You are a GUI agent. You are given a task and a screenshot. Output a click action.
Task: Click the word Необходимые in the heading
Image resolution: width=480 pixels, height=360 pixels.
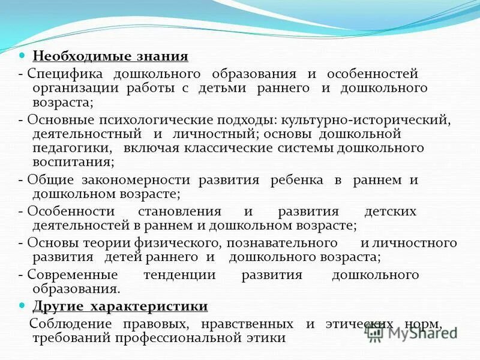click(73, 57)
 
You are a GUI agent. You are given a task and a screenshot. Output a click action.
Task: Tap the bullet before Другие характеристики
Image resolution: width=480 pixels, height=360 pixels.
click(22, 305)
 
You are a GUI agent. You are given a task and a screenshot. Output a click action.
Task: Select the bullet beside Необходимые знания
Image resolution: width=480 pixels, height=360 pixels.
click(22, 56)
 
